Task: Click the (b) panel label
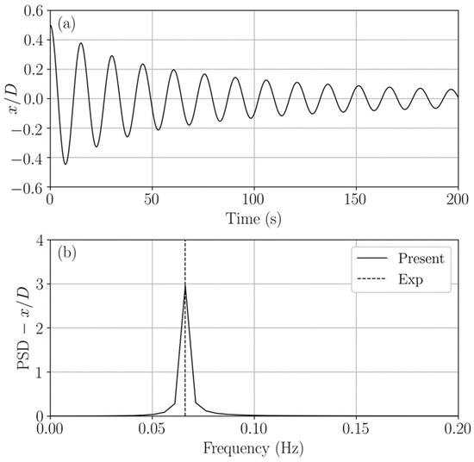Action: tap(67, 255)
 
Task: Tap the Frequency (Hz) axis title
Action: tap(254, 450)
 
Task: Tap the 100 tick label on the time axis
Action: tap(254, 200)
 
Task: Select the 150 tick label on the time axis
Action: tap(356, 200)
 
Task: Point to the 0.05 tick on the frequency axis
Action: tap(153, 428)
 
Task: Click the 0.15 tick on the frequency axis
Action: tap(356, 428)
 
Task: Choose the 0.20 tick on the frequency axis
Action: tap(458, 428)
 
